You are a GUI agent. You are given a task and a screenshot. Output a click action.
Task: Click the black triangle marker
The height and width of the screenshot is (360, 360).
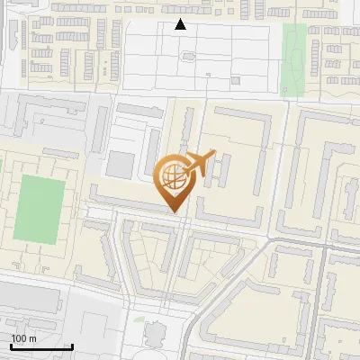[181, 24]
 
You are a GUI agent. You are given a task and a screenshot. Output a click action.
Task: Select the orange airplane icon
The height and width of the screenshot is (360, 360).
[200, 163]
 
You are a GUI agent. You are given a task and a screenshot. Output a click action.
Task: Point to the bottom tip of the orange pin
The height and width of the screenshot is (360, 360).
[175, 211]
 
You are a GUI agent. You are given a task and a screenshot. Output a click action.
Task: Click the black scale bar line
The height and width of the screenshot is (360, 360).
[41, 346]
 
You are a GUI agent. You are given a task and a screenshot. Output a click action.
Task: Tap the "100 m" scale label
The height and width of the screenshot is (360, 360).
[23, 338]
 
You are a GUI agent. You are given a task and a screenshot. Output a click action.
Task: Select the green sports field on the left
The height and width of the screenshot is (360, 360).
[40, 208]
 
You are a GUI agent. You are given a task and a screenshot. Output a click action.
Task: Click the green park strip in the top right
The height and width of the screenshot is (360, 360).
[293, 58]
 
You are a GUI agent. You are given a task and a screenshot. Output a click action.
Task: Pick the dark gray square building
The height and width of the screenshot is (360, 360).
[120, 165]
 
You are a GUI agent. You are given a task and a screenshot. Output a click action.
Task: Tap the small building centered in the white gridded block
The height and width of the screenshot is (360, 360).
[188, 56]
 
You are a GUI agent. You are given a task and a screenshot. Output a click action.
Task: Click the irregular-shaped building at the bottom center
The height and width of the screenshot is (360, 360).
[155, 334]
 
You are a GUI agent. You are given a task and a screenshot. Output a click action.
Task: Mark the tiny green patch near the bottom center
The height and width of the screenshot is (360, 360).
[138, 319]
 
